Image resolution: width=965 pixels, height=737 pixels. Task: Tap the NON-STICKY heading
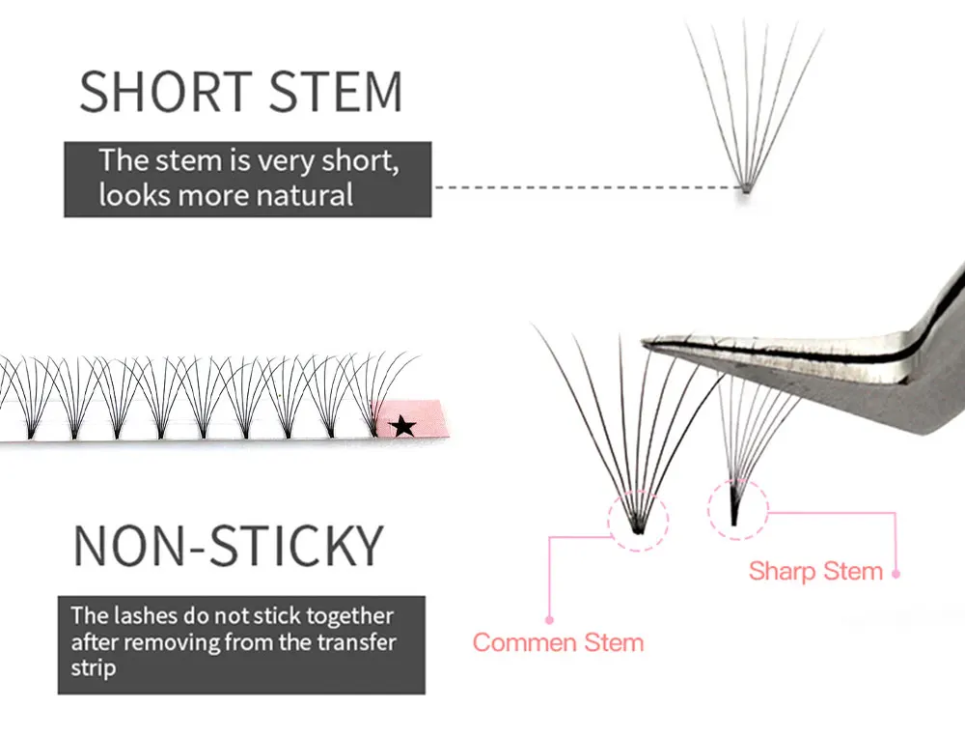(x=229, y=546)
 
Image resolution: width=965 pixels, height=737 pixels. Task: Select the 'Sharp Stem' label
(x=815, y=571)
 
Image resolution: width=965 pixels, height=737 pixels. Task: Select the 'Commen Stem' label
(x=558, y=642)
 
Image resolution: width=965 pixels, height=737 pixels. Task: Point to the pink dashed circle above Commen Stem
(x=638, y=522)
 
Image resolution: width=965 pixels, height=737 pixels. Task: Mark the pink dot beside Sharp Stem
(x=896, y=573)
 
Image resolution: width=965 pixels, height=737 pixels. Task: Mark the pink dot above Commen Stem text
(x=549, y=619)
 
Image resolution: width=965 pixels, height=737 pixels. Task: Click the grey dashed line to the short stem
(x=579, y=187)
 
